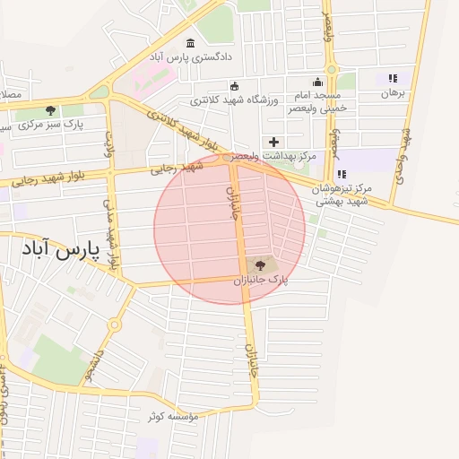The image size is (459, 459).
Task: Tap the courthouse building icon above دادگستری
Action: pyautogui.click(x=191, y=43)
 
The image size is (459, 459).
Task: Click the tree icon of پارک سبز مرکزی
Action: pyautogui.click(x=49, y=109)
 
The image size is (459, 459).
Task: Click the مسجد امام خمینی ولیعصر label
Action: pyautogui.click(x=317, y=101)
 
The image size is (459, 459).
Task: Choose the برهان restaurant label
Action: pyautogui.click(x=394, y=92)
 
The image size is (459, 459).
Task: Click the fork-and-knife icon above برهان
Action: pyautogui.click(x=392, y=79)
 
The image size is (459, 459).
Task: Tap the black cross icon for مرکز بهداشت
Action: pyautogui.click(x=274, y=142)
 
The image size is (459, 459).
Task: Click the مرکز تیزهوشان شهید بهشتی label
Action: pyautogui.click(x=343, y=195)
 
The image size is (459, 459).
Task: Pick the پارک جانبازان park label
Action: pyautogui.click(x=262, y=281)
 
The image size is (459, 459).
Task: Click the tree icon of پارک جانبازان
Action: pyautogui.click(x=261, y=264)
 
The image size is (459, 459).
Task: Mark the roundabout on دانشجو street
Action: pyautogui.click(x=115, y=325)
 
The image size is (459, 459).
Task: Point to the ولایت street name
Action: pyautogui.click(x=109, y=146)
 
